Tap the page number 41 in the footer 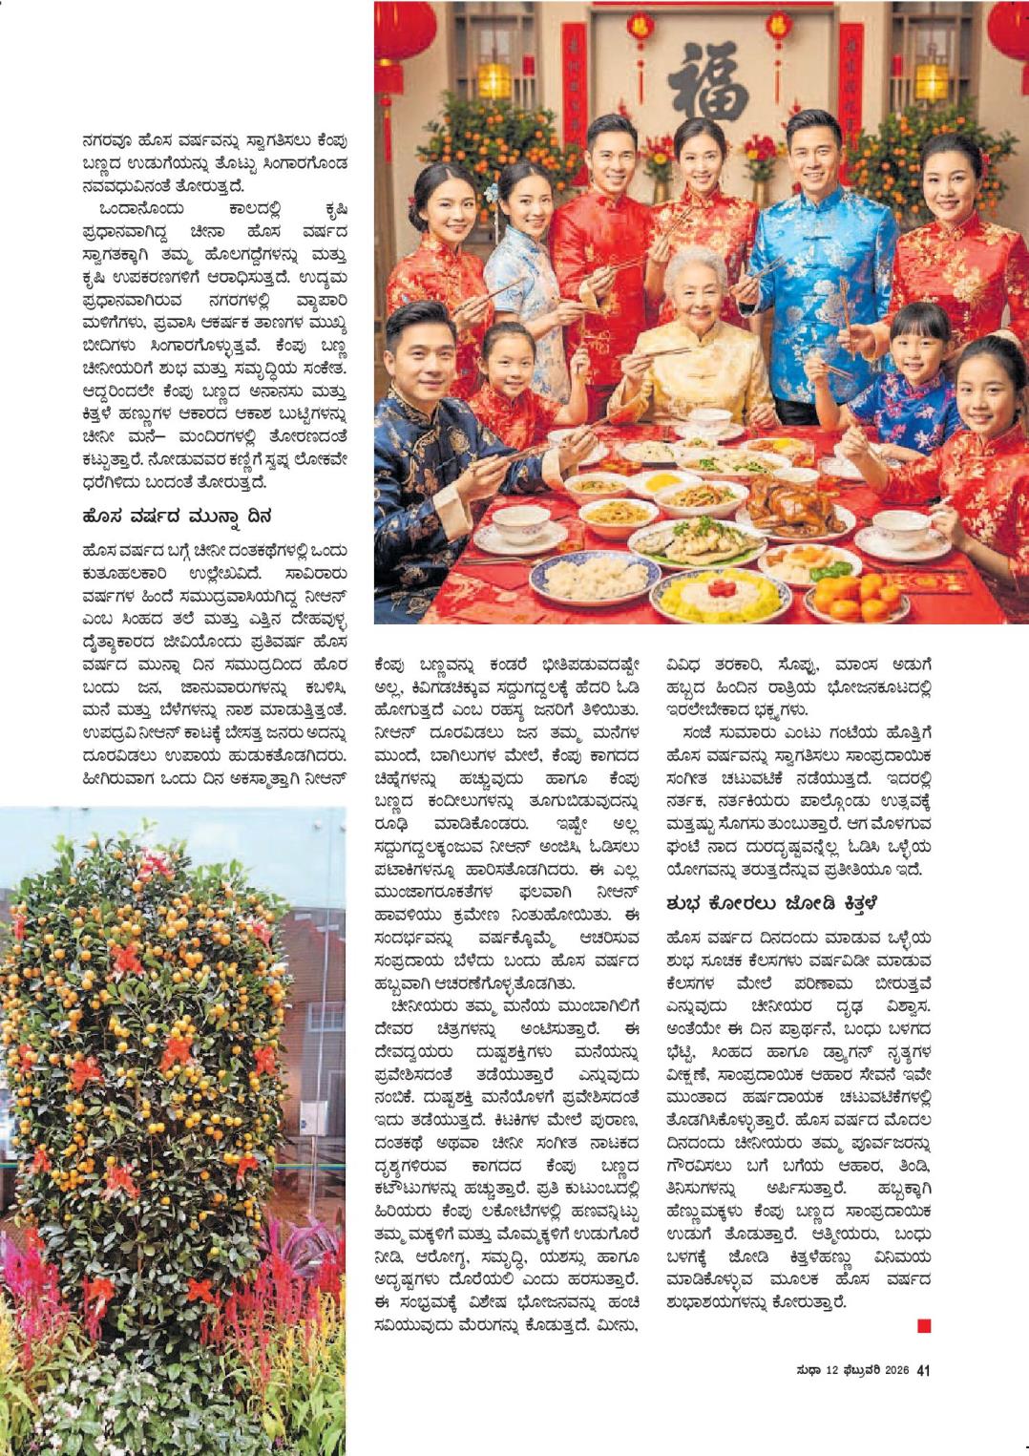coord(923,1371)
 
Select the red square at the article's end coord(923,1325)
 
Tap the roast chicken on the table coord(791,501)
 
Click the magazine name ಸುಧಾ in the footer coord(804,1371)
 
